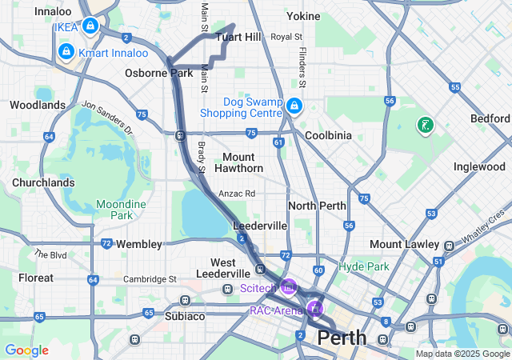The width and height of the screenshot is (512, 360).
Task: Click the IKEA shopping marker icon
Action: tap(90, 26)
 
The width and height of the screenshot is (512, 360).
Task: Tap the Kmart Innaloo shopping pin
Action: tap(66, 52)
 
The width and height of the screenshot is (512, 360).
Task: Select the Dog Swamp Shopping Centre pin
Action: tap(294, 106)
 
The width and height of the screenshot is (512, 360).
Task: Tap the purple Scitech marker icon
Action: tap(288, 286)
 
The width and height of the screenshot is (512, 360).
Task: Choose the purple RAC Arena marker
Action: tap(315, 309)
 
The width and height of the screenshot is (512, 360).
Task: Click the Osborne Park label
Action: tap(158, 73)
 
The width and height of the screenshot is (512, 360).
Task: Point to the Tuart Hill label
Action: tap(239, 38)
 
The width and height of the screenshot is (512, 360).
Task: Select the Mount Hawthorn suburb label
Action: tap(238, 162)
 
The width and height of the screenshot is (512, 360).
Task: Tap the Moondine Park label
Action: tap(121, 210)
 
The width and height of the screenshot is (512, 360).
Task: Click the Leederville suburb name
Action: tap(259, 226)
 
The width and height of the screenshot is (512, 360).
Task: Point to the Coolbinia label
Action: tap(326, 135)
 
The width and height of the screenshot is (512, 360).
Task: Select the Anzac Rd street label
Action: tap(238, 194)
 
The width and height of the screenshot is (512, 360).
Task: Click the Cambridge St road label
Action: tap(150, 278)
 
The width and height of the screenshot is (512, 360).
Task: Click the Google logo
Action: tap(26, 350)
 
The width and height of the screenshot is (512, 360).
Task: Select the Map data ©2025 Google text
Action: tap(462, 354)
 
